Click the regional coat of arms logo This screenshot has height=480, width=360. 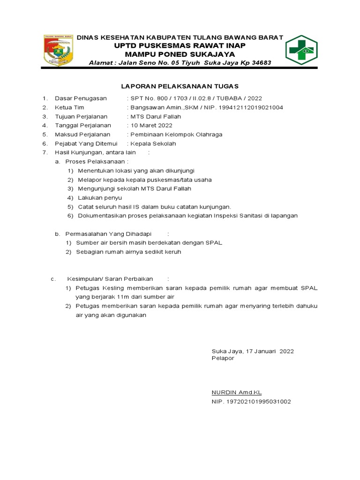[59, 50]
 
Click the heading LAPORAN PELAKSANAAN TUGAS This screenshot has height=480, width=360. [180, 86]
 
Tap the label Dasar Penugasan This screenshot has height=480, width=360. [81, 98]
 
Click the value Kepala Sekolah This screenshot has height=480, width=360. [153, 143]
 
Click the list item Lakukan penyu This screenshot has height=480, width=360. [100, 198]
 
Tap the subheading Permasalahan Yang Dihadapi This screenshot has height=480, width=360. [108, 233]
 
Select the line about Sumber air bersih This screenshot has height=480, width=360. [149, 243]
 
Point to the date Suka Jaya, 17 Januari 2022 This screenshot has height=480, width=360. [253, 351]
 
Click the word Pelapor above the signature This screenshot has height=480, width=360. [223, 358]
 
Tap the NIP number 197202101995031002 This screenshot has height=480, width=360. [251, 402]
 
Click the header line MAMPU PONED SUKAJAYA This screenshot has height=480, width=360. [180, 54]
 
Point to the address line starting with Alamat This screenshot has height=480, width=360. [180, 63]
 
